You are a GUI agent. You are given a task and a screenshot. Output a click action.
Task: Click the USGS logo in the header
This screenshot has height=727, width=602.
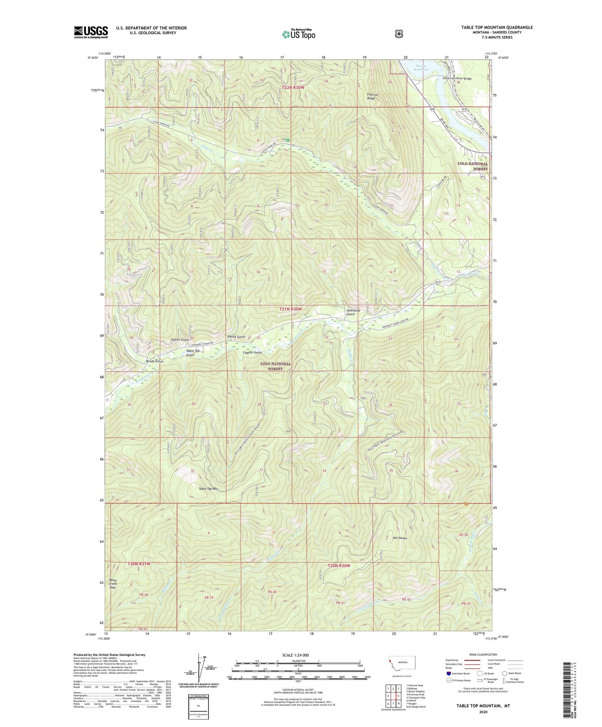91,32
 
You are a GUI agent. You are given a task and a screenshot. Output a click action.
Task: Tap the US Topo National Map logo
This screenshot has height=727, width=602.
298,34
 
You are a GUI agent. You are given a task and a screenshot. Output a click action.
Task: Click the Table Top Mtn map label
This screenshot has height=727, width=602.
208,489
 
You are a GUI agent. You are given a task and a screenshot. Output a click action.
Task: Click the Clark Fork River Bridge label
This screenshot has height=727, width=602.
457,78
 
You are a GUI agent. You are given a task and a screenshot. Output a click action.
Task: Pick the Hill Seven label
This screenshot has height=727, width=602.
400,538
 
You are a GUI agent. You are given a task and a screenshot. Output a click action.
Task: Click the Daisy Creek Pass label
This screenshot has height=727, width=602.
112,584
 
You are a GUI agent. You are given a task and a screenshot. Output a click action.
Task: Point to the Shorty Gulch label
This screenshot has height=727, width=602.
236,336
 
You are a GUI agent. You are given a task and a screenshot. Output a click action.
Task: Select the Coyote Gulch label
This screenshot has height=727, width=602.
252,352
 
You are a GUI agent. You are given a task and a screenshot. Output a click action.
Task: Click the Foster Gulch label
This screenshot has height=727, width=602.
180,340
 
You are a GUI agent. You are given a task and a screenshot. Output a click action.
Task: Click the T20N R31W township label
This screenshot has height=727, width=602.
138,564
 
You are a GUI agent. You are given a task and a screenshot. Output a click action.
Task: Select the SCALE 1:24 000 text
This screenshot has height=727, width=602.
295,655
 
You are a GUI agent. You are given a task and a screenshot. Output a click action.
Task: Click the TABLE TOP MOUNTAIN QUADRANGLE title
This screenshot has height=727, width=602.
497,27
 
